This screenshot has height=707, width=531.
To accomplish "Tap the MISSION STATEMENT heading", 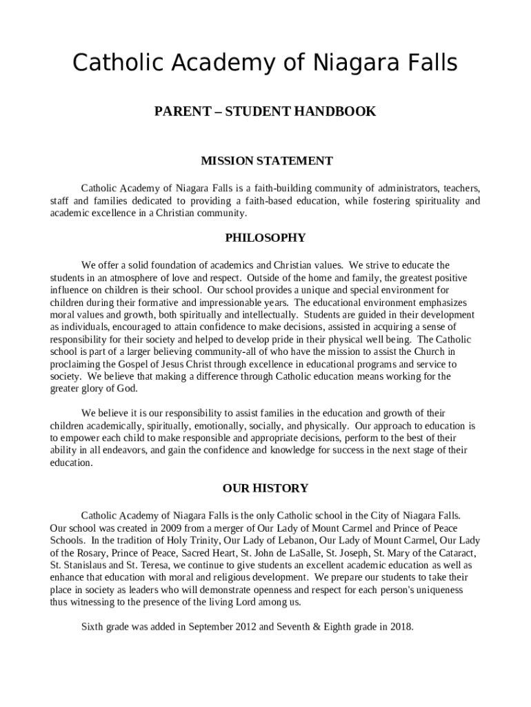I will (266, 161).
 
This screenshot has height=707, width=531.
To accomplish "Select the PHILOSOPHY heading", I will (265, 238).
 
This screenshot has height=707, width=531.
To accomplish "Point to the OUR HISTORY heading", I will (265, 488).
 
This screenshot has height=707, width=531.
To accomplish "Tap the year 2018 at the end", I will (399, 627).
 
